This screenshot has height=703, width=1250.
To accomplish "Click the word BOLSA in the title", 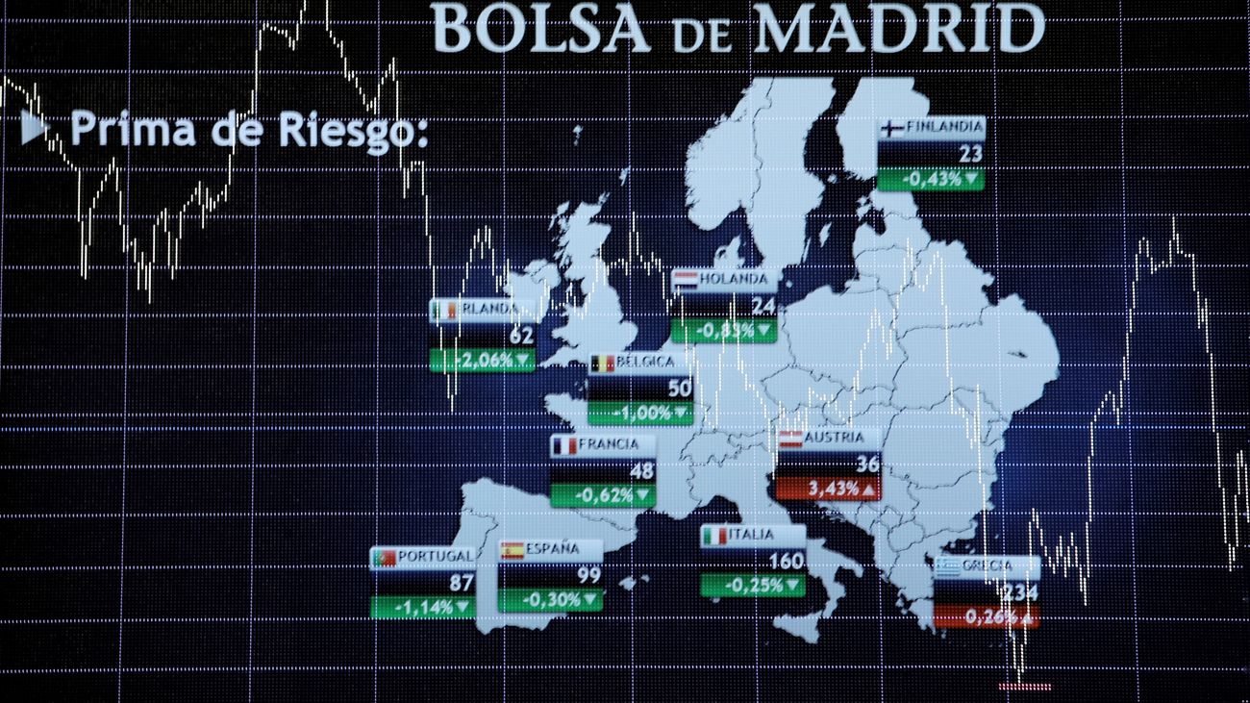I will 540,29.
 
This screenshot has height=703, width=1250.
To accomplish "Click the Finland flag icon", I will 890,127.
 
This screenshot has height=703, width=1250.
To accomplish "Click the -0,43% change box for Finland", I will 931,178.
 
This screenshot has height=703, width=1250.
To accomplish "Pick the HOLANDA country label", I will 735,280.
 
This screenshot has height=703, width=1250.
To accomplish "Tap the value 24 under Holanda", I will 762,306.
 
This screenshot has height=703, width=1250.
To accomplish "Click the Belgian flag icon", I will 602,364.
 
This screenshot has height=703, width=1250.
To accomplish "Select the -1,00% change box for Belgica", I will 640,413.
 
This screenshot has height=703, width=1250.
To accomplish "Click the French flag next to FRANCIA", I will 563,445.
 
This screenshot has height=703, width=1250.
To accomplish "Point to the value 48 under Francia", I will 641,471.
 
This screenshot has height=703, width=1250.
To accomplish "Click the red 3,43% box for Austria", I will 827,489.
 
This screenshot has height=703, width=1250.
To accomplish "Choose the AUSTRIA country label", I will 834,438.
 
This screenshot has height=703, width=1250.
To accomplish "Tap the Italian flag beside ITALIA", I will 713,536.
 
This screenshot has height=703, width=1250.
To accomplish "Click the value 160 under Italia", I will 786,561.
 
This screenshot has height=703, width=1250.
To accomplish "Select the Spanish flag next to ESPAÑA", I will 512,550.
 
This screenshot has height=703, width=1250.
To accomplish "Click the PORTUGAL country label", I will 435,556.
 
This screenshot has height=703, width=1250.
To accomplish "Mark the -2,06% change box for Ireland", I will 482,360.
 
